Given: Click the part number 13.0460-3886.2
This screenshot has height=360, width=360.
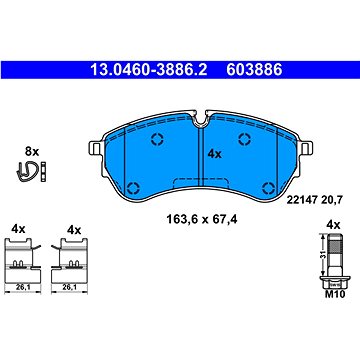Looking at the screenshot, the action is (x=149, y=70).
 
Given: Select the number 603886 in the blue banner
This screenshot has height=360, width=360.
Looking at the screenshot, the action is (x=254, y=70).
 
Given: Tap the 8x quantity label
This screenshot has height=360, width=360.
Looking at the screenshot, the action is (x=32, y=152).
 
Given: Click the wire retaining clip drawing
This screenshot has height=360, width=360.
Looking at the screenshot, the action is (x=26, y=172).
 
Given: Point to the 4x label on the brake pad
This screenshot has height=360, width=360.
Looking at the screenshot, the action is (x=214, y=154).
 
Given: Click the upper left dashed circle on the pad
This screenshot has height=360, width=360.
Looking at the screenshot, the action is (x=157, y=139).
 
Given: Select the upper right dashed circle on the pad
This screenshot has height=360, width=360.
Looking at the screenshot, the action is (x=245, y=139).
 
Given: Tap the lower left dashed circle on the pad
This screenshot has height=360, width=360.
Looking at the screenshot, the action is (x=134, y=188).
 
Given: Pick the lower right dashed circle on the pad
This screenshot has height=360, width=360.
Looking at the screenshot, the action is (x=268, y=188).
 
